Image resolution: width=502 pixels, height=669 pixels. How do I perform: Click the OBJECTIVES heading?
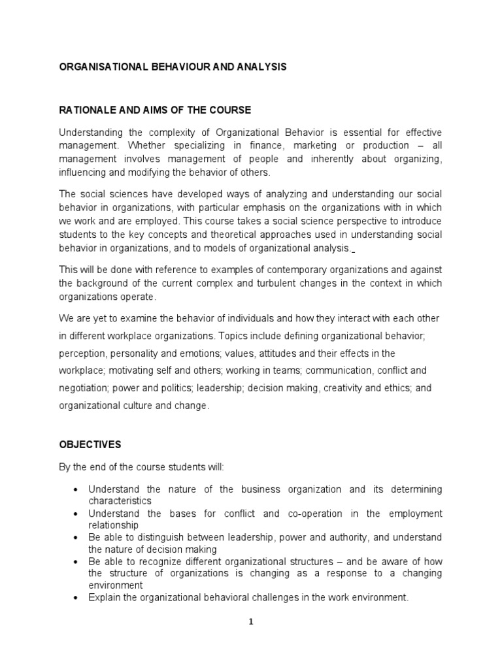(x=90, y=444)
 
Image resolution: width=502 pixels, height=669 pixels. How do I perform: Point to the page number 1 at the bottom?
(x=250, y=622)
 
